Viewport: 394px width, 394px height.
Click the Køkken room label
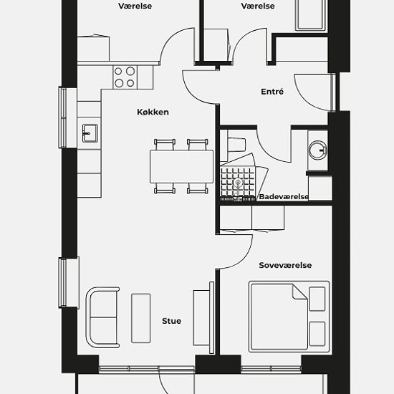tap(153, 112)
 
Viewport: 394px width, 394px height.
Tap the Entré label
tap(272, 92)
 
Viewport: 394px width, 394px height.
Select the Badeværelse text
tap(284, 197)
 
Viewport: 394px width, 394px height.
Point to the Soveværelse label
tap(285, 265)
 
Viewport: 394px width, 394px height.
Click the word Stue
tap(171, 321)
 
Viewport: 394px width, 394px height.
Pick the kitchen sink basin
tap(90, 133)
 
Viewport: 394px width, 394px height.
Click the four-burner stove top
tap(125, 77)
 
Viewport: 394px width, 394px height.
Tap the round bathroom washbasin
tap(317, 150)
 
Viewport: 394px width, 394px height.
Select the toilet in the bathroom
tap(236, 145)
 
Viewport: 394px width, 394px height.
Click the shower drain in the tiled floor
tap(238, 182)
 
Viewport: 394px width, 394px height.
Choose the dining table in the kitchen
tap(181, 166)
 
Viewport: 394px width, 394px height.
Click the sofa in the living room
tap(102, 317)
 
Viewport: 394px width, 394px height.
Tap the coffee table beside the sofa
tap(141, 318)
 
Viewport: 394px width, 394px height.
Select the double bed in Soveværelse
tap(289, 317)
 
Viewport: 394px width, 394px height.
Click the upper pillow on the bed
tap(317, 299)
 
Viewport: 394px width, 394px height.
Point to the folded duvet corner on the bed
tap(299, 292)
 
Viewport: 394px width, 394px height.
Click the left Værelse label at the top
tap(135, 6)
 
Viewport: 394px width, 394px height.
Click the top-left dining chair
tap(165, 145)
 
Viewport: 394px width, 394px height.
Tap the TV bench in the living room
tap(201, 318)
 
